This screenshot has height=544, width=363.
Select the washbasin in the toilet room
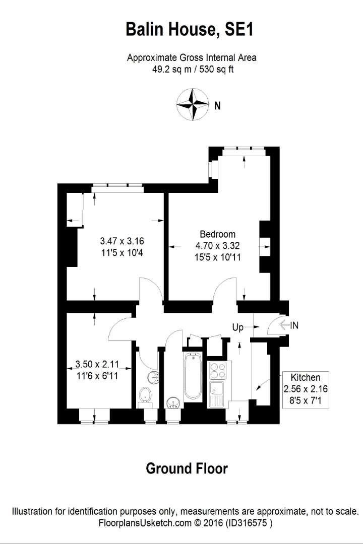[153, 377]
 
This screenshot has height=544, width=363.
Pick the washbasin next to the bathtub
[173, 403]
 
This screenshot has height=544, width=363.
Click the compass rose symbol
[193, 104]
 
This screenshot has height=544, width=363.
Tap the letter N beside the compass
[217, 105]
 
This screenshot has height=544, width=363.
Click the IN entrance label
[294, 325]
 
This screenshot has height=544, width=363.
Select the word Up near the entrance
[238, 327]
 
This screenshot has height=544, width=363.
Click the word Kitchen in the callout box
[306, 377]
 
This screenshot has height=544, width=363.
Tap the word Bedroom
[217, 234]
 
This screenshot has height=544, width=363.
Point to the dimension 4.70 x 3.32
[217, 246]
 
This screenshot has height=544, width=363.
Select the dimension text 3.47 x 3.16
[122, 241]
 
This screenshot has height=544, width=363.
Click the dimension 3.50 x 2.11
[97, 364]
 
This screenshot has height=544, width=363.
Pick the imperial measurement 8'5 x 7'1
[306, 401]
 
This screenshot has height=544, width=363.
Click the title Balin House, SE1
[190, 29]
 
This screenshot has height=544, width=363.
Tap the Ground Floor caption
[187, 468]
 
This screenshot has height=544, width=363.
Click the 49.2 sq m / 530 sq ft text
[193, 69]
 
